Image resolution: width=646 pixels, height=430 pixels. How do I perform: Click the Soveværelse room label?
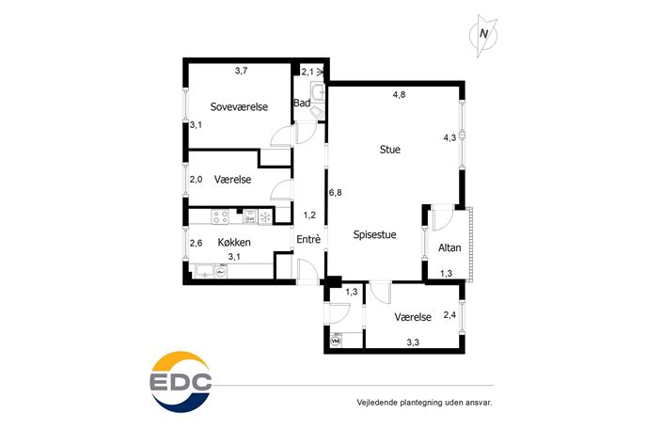click(239, 106)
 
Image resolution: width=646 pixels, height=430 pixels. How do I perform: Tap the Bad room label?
click(302, 104)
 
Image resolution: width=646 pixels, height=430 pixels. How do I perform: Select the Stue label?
click(389, 150)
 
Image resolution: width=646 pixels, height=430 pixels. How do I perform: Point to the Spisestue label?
click(374, 234)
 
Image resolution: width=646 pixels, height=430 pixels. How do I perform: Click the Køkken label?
click(234, 242)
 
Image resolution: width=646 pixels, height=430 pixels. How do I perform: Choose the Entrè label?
click(308, 239)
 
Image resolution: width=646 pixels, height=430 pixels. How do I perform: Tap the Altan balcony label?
click(449, 247)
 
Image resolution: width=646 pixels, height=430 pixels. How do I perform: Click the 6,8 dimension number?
click(336, 193)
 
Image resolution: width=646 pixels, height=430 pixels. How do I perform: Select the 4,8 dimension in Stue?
click(399, 94)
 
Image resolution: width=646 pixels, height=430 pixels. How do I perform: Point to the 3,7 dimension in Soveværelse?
click(241, 71)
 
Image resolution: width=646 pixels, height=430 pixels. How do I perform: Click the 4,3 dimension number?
click(449, 137)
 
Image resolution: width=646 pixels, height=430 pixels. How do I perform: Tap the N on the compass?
click(483, 34)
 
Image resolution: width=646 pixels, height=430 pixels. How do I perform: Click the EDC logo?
click(181, 382)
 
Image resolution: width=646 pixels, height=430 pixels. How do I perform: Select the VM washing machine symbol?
click(336, 342)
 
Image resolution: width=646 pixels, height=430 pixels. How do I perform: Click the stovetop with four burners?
click(220, 216)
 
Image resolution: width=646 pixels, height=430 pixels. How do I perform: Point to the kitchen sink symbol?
click(205, 270)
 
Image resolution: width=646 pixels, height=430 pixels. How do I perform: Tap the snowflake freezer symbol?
click(264, 216)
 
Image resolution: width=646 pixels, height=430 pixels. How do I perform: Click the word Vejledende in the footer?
click(376, 403)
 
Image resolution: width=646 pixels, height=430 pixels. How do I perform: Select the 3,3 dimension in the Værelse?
click(413, 342)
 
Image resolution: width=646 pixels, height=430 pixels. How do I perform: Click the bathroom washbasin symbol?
click(318, 92)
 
